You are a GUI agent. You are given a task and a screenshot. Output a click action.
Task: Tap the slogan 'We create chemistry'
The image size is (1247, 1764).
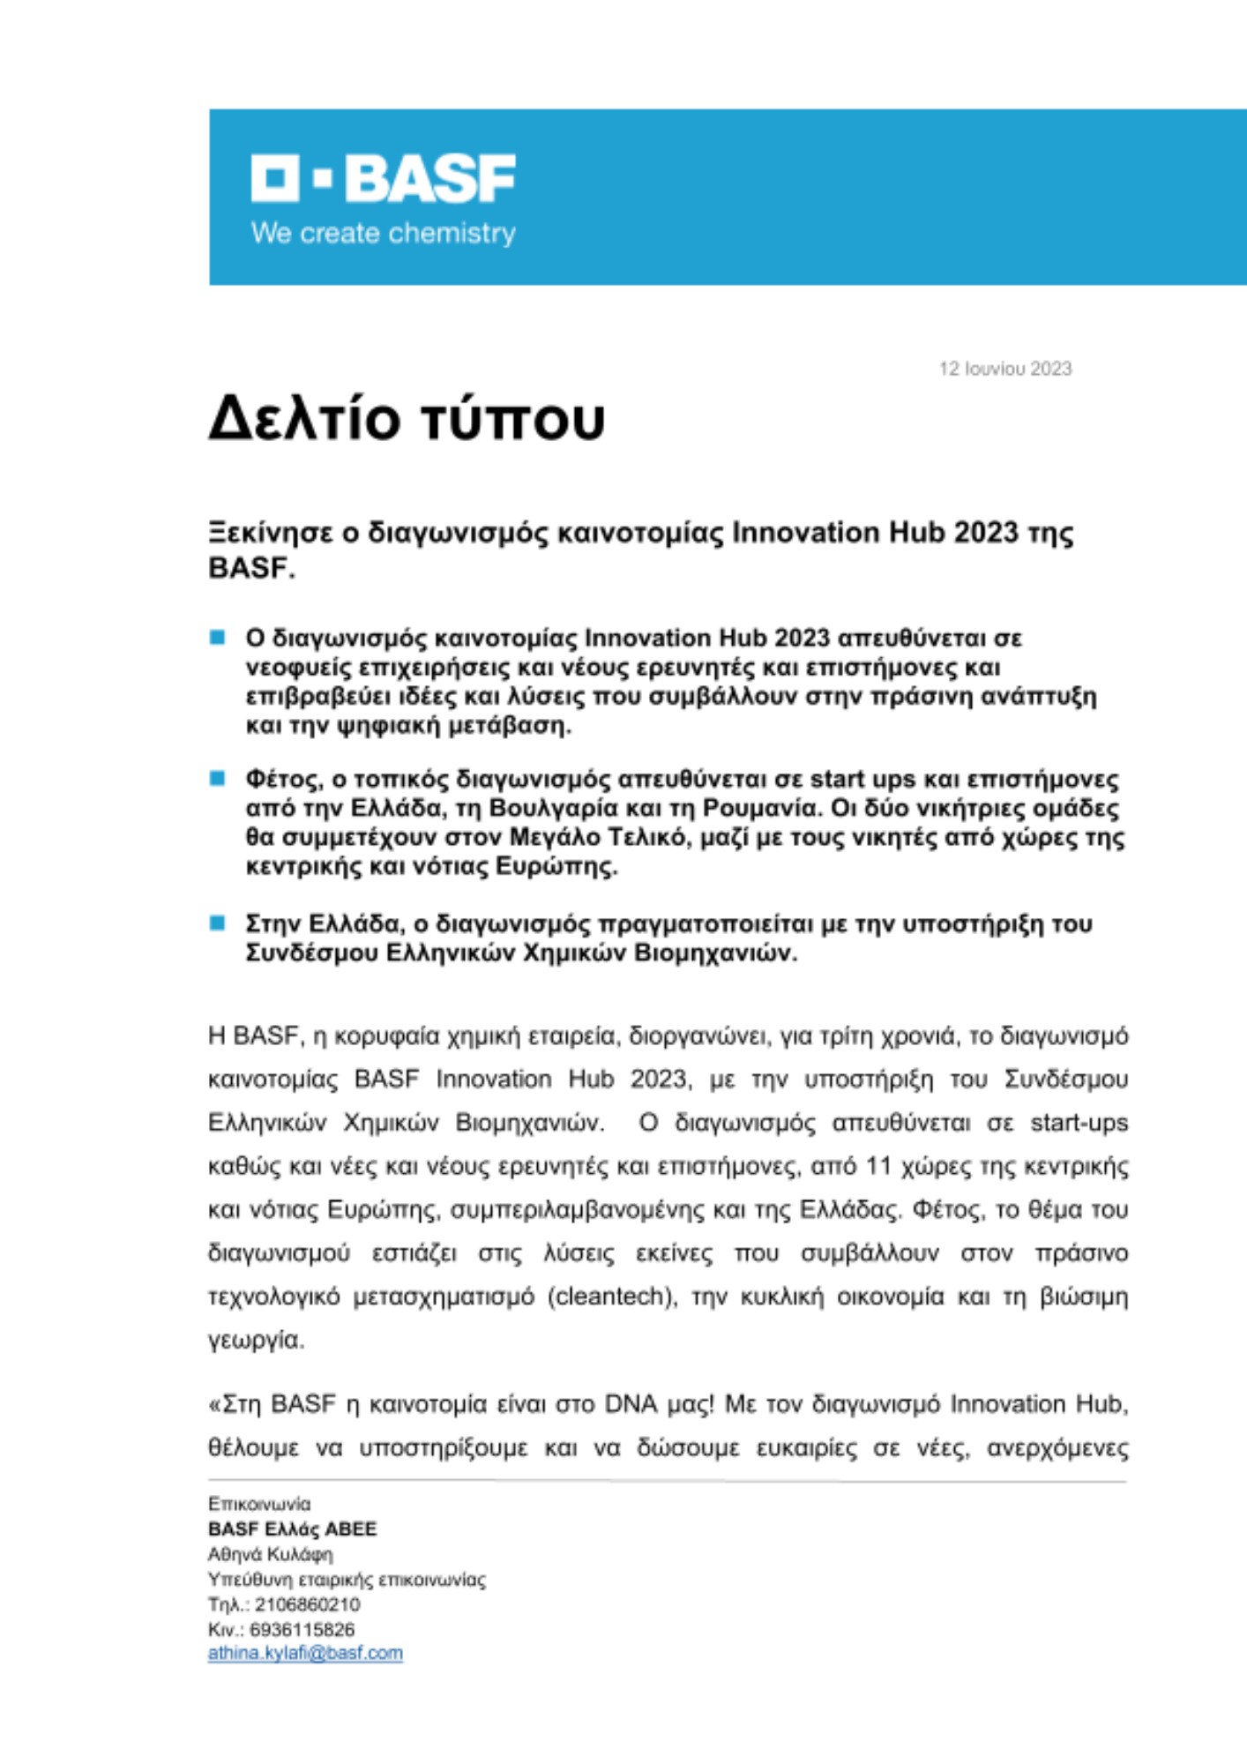pyautogui.click(x=383, y=234)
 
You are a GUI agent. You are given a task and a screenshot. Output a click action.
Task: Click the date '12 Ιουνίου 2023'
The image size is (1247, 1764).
pyautogui.click(x=1004, y=369)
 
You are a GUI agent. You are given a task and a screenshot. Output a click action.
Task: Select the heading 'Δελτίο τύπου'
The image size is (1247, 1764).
pyautogui.click(x=407, y=418)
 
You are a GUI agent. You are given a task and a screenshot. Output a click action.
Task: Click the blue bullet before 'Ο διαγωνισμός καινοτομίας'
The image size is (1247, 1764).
pyautogui.click(x=217, y=638)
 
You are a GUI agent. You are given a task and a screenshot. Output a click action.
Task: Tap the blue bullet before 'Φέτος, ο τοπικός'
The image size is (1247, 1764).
pyautogui.click(x=217, y=779)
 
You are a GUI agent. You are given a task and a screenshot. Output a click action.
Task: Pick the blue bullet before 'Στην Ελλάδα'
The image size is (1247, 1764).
pyautogui.click(x=217, y=923)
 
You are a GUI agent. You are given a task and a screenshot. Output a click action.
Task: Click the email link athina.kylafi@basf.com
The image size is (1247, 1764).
pyautogui.click(x=305, y=1653)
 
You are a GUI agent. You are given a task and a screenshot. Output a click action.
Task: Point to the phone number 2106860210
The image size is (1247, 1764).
pyautogui.click(x=308, y=1603)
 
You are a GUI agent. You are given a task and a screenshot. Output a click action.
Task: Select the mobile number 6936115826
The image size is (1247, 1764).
pyautogui.click(x=302, y=1628)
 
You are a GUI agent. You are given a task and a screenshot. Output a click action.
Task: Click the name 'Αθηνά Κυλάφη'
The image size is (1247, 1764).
pyautogui.click(x=270, y=1554)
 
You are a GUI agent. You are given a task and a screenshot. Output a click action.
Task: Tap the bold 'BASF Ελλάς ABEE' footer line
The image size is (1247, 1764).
pyautogui.click(x=292, y=1529)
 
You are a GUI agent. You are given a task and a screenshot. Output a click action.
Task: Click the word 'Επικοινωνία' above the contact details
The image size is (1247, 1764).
pyautogui.click(x=259, y=1503)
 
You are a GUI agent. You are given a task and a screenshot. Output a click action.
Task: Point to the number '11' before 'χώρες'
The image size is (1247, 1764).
pyautogui.click(x=877, y=1166)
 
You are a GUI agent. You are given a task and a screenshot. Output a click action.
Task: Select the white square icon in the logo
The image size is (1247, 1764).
pyautogui.click(x=275, y=178)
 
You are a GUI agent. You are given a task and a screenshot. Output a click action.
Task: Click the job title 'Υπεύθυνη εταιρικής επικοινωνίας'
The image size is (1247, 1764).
pyautogui.click(x=347, y=1579)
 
